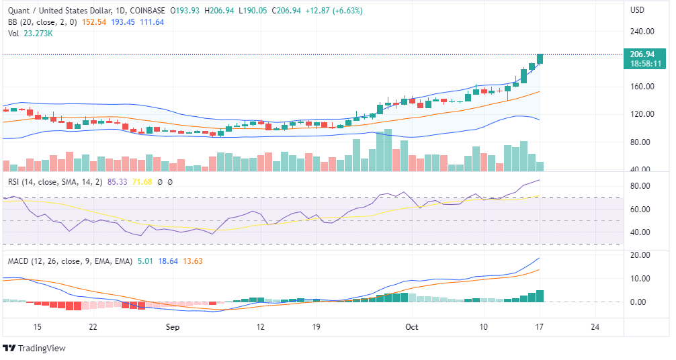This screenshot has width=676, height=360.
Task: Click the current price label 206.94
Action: [642, 54]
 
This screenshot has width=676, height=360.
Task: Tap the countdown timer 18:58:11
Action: [642, 64]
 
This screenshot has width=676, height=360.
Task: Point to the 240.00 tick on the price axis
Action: [642, 31]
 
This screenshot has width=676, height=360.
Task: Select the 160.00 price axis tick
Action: [642, 86]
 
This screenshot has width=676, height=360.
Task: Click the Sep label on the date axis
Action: [173, 327]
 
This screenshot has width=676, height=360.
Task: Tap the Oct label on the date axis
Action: [412, 327]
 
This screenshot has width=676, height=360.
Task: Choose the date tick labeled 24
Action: [593, 327]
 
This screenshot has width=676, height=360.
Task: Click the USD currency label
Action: [638, 10]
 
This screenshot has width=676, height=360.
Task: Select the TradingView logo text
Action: [41, 348]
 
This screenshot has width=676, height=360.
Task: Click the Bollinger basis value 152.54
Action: [92, 22]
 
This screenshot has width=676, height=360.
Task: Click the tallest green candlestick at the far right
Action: [540, 59]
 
